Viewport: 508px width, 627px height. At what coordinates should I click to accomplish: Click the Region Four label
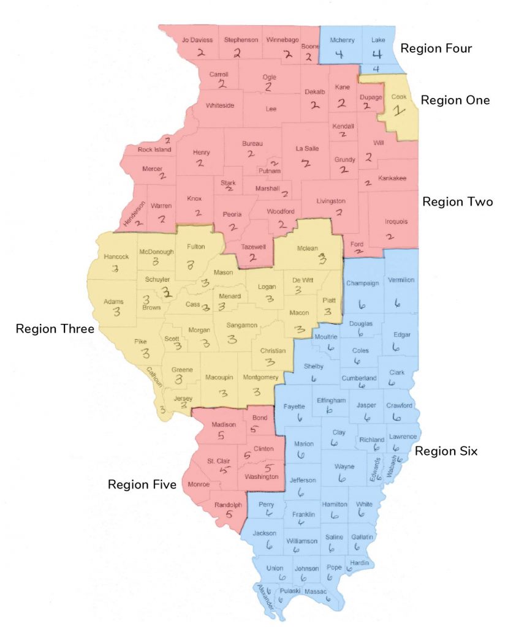436,48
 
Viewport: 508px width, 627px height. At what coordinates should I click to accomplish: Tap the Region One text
455,100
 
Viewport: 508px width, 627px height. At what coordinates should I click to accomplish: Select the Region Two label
457,201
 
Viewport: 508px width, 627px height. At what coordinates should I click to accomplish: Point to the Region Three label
55,329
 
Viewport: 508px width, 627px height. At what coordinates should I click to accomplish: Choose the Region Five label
142,484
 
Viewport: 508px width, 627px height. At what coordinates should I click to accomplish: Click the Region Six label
446,451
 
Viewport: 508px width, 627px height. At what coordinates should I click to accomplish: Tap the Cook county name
398,96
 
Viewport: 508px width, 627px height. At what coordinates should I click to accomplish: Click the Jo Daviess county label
197,40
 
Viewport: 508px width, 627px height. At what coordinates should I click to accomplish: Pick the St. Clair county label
218,460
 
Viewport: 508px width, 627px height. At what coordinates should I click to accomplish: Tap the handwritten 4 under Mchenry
339,54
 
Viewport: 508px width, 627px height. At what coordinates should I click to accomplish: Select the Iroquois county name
395,222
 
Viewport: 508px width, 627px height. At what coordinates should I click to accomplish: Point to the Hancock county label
116,257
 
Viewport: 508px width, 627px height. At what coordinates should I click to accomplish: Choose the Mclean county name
307,249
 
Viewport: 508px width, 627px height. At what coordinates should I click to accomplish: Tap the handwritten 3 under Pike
146,353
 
